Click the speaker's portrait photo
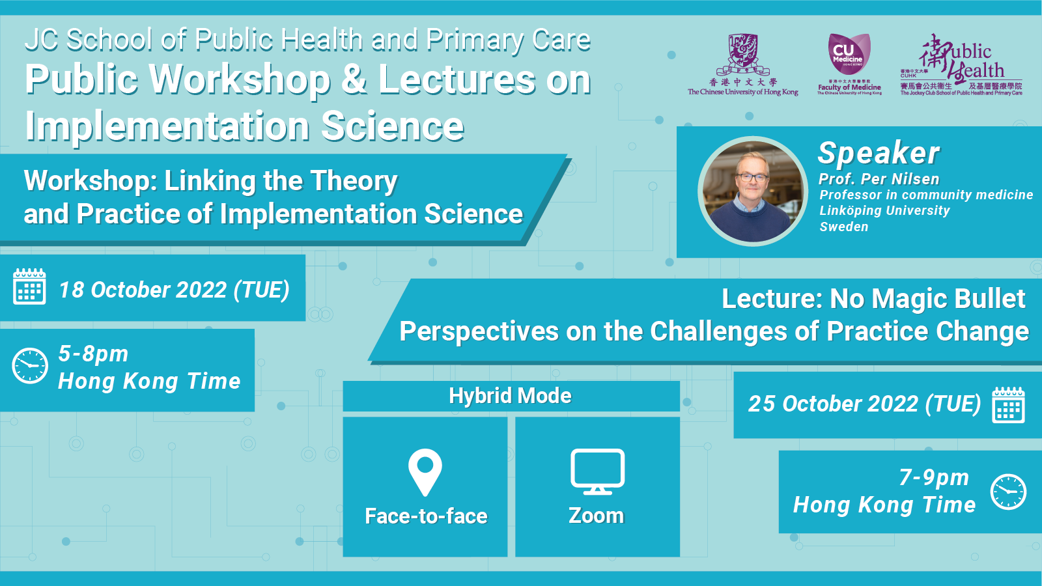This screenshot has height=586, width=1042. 753,191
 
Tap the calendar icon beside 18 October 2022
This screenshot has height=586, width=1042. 29,287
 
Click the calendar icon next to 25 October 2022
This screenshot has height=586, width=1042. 1008,405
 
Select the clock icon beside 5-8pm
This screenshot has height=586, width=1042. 30,365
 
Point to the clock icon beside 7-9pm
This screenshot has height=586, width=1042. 1008,492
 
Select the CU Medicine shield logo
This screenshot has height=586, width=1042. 849,53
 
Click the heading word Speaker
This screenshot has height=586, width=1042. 879,154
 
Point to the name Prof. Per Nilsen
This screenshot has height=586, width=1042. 879,179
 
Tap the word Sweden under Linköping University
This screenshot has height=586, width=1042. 843,227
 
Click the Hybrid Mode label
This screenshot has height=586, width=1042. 510,396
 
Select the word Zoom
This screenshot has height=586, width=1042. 596,516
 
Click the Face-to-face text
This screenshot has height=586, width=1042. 426,516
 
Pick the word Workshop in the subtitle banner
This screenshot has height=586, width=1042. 90,181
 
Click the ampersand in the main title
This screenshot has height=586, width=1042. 354,79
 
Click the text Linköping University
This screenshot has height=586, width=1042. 884,210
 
